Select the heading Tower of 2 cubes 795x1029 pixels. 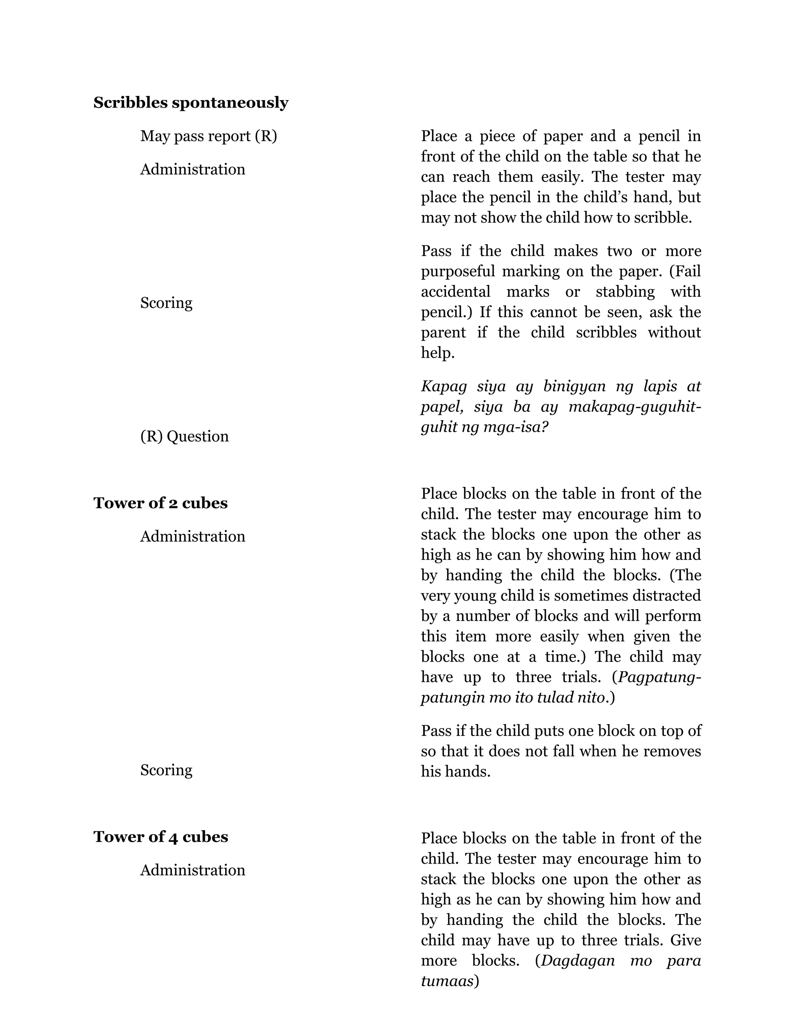160,503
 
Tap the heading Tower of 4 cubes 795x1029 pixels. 161,837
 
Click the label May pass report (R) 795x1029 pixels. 208,136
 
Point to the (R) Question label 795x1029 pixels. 184,436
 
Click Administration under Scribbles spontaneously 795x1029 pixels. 193,170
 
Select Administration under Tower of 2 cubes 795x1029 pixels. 193,537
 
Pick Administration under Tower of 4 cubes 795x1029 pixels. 193,870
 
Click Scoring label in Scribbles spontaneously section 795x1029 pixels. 166,303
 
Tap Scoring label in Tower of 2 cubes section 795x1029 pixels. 166,770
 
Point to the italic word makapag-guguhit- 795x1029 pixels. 635,407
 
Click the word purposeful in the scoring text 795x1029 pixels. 457,272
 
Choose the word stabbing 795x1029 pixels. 625,292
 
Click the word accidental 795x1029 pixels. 455,292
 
